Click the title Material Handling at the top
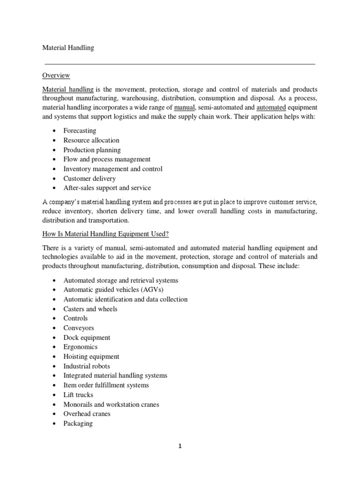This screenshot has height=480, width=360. click(x=68, y=48)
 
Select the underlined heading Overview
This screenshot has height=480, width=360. click(x=56, y=75)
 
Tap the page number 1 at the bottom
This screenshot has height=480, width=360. click(x=180, y=446)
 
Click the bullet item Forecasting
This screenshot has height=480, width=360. click(x=80, y=130)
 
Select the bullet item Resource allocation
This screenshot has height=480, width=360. click(x=91, y=140)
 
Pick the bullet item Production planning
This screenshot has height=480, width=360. click(x=92, y=150)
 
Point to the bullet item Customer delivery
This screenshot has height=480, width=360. click(x=90, y=179)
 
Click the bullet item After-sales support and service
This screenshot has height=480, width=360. click(x=107, y=188)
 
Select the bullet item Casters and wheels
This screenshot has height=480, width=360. click(x=90, y=309)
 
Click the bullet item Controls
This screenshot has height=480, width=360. click(x=75, y=318)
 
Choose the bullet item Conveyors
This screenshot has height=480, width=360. click(x=79, y=328)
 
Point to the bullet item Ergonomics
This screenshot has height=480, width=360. click(x=81, y=347)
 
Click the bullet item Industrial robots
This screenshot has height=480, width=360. click(x=87, y=366)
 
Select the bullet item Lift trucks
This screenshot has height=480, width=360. click(x=78, y=395)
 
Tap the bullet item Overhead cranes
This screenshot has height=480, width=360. click(x=87, y=414)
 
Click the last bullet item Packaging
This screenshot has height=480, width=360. click(x=78, y=423)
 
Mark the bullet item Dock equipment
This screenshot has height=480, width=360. click(x=87, y=337)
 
